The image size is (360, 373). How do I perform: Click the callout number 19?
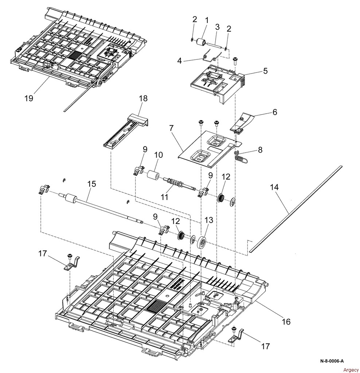click(28, 98)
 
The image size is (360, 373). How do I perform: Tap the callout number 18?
click(143, 98)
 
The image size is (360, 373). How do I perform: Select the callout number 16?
click(286, 322)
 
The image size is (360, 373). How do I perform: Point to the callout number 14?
click(274, 187)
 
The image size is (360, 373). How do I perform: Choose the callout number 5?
click(265, 71)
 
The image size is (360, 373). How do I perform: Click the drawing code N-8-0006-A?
click(332, 361)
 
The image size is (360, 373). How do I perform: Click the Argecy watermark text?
click(351, 370)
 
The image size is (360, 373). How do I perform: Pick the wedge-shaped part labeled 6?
click(242, 122)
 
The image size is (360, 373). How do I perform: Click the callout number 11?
click(164, 197)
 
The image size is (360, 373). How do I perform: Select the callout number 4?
click(179, 61)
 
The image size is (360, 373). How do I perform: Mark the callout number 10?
click(158, 155)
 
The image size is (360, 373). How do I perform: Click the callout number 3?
click(217, 27)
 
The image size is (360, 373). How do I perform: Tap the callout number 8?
click(260, 150)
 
